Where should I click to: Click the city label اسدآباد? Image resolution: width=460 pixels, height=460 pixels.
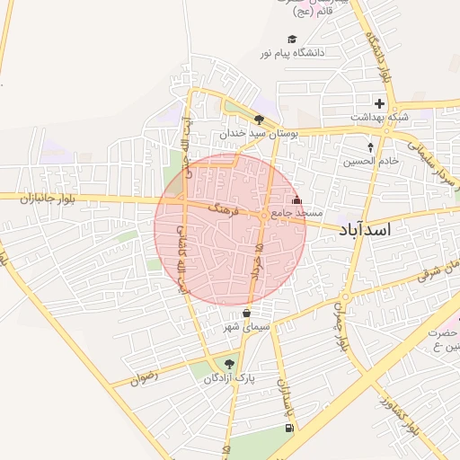pos(366,230)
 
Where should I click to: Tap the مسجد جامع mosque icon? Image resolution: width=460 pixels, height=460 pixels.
pos(297,199)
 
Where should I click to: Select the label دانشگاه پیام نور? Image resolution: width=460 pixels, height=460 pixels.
pos(292,53)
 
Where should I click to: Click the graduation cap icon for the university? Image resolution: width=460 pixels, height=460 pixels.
pos(291,39)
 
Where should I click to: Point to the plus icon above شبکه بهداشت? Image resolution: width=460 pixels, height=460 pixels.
pos(379,103)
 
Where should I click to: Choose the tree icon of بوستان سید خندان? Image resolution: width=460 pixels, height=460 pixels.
pos(259,119)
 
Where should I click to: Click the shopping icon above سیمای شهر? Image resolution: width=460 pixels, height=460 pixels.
pos(246,314)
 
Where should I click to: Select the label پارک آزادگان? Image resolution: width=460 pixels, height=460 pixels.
pos(228,378)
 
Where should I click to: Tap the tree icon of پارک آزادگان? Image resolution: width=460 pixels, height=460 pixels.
pos(228,364)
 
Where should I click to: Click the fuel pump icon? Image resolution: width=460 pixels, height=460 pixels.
pos(288,428)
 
